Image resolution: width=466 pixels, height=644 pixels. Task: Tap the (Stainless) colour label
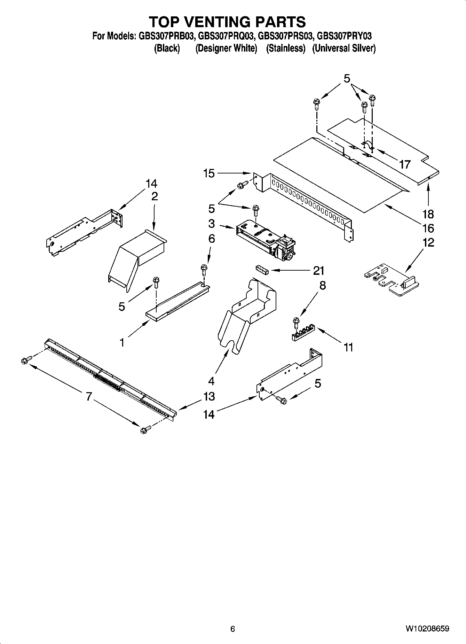[285, 48]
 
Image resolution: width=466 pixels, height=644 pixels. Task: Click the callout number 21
[318, 270]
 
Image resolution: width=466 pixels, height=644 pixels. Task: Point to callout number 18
[428, 214]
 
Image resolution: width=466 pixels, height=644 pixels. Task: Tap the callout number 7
[89, 396]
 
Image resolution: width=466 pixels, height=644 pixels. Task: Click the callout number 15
[209, 173]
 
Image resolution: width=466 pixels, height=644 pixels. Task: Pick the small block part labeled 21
[262, 270]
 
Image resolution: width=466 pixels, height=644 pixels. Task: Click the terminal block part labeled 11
[303, 333]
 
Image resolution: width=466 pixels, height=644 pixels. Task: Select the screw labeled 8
[296, 322]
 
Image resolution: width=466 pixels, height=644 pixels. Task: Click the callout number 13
[209, 396]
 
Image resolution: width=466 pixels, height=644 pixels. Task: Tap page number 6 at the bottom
[232, 629]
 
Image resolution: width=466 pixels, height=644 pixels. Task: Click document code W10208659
[427, 629]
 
